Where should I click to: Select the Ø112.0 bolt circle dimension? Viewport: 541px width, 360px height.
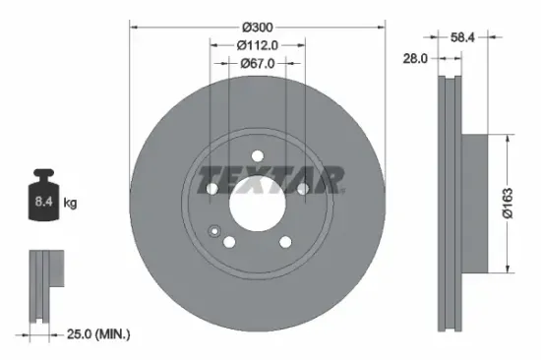(x=257, y=43)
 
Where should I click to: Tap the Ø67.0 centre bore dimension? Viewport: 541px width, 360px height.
(x=257, y=63)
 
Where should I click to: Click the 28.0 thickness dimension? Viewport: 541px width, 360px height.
(x=415, y=59)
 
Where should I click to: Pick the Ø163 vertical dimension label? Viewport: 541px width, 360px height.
(x=524, y=204)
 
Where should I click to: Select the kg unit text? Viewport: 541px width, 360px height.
(x=69, y=205)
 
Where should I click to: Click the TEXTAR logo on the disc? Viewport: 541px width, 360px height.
(x=270, y=181)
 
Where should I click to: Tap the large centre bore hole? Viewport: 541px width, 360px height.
(x=257, y=205)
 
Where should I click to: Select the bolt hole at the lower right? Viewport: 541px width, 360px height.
(x=285, y=242)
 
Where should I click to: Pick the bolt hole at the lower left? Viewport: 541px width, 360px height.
(x=228, y=242)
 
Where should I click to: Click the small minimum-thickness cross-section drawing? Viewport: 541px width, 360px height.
(x=43, y=284)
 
